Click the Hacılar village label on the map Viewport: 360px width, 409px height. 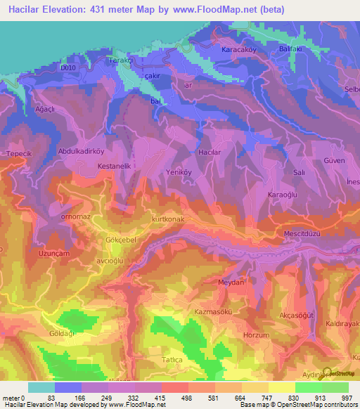coord(210,152)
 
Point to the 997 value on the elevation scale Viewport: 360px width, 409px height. coord(346,397)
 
